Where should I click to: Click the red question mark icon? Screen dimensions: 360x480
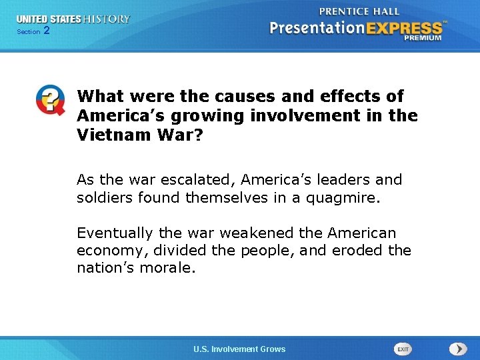[51, 101]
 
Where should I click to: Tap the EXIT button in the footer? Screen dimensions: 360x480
[403, 349]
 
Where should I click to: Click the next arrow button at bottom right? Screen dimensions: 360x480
[457, 349]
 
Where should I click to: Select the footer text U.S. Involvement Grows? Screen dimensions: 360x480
[239, 349]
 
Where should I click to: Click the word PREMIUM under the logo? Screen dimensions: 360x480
[422, 38]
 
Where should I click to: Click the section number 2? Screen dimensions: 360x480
[46, 31]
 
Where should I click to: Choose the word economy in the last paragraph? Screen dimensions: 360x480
[107, 251]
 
